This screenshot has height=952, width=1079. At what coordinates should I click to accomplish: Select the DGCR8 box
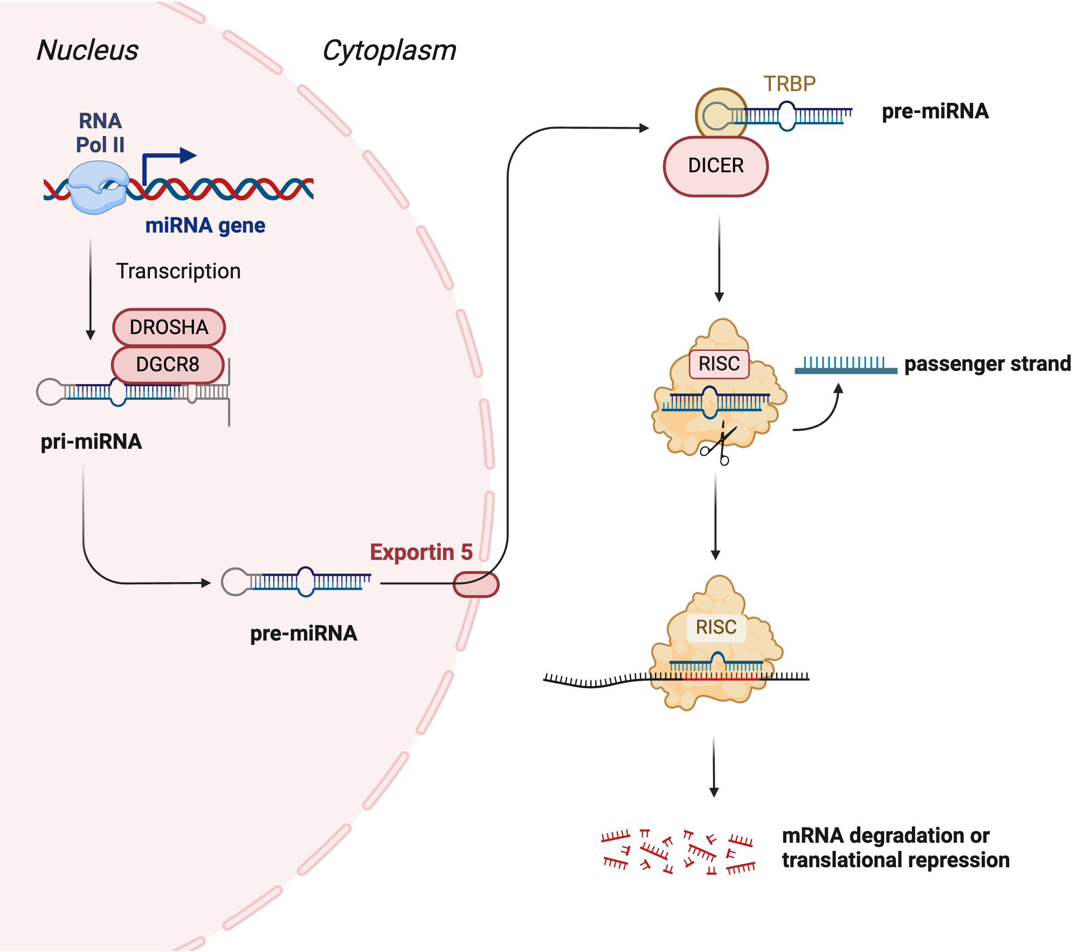click(x=168, y=364)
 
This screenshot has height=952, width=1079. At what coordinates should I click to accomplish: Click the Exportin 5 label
click(x=421, y=553)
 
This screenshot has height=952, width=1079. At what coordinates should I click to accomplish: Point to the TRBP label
click(x=789, y=84)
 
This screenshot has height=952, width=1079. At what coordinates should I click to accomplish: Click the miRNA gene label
click(x=205, y=226)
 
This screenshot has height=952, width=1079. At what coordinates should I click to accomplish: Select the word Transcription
click(x=178, y=272)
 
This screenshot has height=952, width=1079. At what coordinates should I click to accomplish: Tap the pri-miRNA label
click(x=92, y=442)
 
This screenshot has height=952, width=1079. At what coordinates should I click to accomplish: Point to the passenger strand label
click(x=987, y=364)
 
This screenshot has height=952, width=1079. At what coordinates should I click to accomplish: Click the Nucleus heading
click(x=87, y=51)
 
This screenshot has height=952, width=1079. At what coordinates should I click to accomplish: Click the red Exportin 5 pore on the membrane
click(x=476, y=585)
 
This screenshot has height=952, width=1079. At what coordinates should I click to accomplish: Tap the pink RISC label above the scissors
click(x=719, y=364)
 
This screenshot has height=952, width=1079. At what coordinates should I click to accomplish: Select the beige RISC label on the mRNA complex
click(x=716, y=627)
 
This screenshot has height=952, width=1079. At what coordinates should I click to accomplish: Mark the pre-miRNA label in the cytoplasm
click(x=935, y=112)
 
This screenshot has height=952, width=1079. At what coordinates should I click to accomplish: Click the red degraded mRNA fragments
click(x=678, y=851)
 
